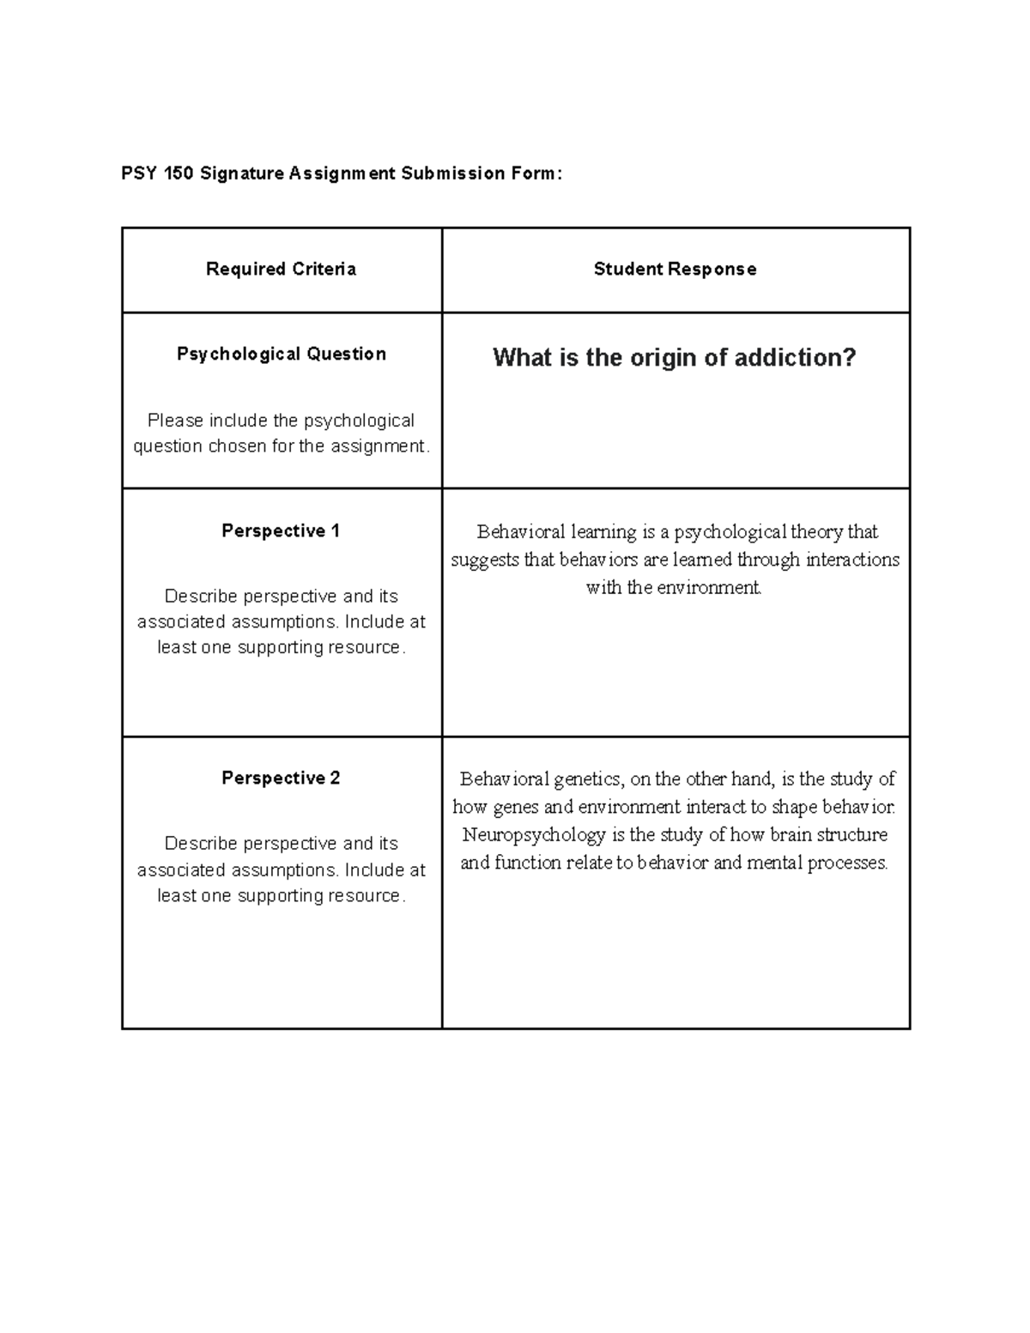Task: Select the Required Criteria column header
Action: [281, 269]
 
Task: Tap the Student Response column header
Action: [675, 269]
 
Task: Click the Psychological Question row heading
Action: [281, 354]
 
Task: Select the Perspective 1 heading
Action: [281, 530]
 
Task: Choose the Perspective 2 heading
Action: [281, 778]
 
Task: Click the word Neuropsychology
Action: [533, 835]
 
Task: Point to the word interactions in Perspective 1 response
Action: [852, 560]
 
